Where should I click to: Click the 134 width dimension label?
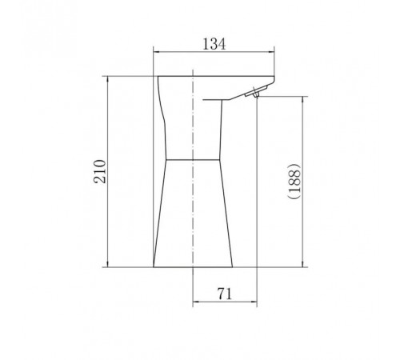point(214,44)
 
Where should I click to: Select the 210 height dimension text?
point(100,171)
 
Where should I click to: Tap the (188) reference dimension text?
point(294,181)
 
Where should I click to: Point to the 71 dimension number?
point(225,294)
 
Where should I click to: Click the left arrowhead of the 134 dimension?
point(157,52)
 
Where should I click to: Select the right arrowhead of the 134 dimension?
point(271,52)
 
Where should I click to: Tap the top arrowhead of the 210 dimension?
point(107,80)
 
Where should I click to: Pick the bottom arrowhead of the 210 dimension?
point(107,263)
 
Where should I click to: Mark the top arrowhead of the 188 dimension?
point(303,100)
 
